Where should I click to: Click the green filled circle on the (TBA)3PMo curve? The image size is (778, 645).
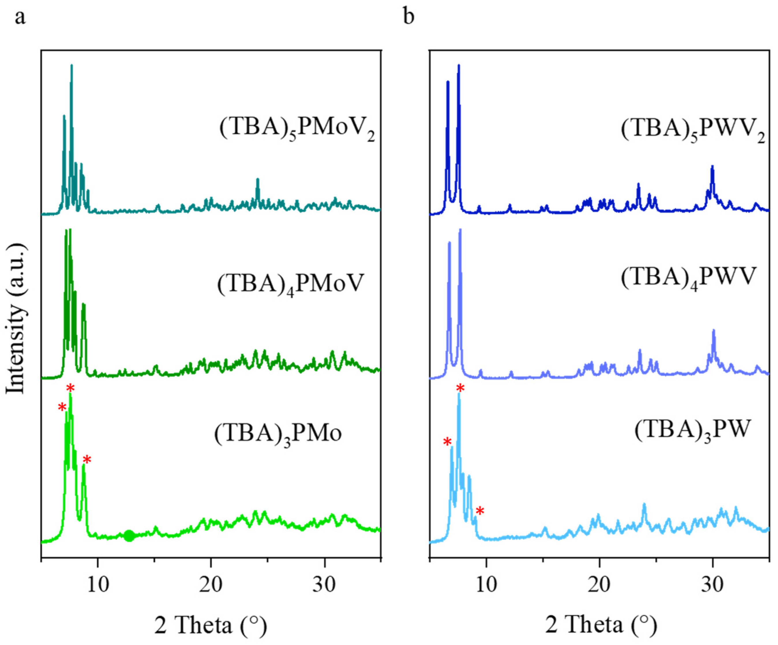tap(129, 536)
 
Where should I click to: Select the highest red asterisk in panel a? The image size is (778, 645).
tap(70, 388)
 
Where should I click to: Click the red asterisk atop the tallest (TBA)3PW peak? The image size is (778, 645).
tap(460, 388)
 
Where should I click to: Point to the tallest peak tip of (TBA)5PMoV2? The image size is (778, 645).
tap(72, 65)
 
